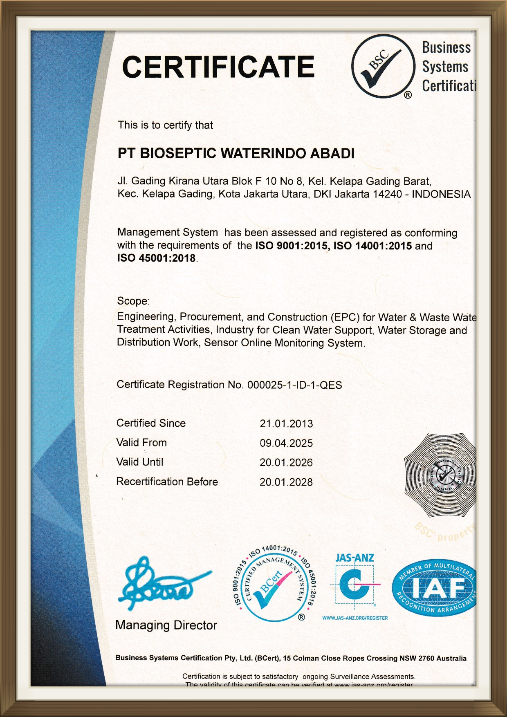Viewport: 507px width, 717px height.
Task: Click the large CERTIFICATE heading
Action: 218,67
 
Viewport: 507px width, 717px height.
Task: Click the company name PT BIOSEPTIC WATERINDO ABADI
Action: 236,153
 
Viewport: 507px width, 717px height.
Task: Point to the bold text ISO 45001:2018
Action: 156,258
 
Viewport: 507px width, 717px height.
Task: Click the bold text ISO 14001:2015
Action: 372,246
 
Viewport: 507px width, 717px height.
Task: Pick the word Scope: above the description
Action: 133,301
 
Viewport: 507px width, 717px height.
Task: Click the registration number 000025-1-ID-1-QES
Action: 294,385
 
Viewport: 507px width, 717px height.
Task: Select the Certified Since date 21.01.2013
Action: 286,423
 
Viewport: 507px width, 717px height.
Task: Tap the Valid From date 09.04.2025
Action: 286,443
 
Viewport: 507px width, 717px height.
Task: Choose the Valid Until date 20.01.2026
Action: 286,463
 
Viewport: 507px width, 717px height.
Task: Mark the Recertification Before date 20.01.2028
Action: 286,482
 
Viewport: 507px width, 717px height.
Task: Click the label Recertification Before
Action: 167,482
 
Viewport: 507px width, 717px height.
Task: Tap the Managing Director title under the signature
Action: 166,625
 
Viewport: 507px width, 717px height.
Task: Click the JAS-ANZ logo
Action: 355,583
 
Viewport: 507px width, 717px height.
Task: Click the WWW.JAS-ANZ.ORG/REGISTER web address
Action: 355,618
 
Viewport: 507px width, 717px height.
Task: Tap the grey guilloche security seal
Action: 441,475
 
